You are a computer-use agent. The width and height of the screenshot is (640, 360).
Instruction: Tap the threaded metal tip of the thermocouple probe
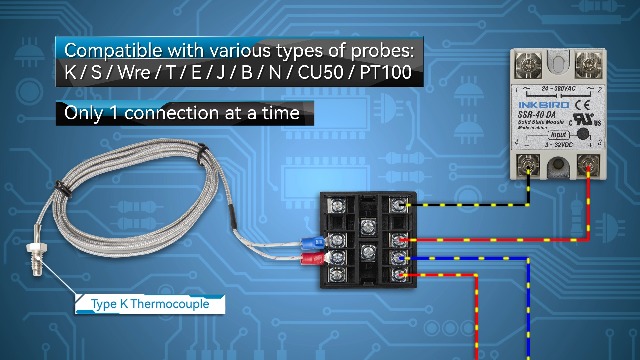(x=35, y=274)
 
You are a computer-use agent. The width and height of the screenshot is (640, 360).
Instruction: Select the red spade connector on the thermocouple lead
(x=311, y=261)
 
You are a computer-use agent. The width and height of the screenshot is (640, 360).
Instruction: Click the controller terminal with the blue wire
(x=398, y=257)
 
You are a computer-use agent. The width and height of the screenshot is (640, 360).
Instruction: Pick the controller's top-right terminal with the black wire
(x=398, y=205)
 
